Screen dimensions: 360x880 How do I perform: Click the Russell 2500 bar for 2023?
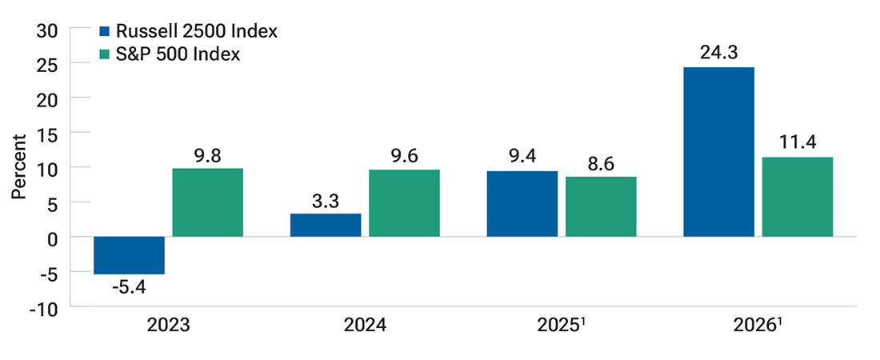[x=129, y=255]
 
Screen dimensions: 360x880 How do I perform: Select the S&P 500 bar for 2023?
[x=208, y=202]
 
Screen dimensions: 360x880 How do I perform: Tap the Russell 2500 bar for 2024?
[x=326, y=225]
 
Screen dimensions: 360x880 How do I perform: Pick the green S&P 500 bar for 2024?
[x=404, y=203]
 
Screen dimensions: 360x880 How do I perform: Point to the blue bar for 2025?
[x=522, y=204]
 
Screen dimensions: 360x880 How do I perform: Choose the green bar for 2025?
[x=601, y=206]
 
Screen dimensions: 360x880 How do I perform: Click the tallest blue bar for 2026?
[x=718, y=152]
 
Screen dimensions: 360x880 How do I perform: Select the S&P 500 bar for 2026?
[x=797, y=197]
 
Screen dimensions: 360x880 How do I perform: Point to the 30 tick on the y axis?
[x=47, y=29]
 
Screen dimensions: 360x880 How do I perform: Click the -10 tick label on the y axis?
[x=45, y=307]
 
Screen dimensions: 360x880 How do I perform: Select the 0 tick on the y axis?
[x=53, y=238]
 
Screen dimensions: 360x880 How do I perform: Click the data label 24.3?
[x=718, y=53]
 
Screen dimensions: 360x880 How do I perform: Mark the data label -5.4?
[x=129, y=287]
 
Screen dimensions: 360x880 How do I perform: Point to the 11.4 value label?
[x=797, y=143]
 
